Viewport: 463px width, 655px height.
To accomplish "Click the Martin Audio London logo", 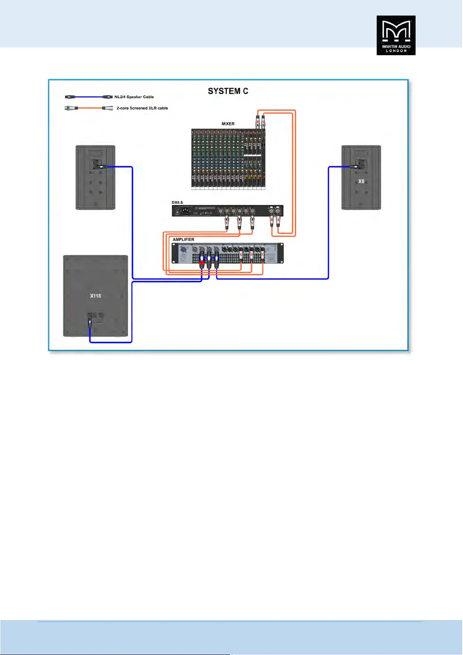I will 396,35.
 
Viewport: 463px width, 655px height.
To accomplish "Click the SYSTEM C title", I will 228,91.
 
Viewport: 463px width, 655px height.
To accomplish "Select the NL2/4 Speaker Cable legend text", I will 134,97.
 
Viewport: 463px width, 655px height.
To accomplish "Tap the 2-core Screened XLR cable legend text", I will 142,108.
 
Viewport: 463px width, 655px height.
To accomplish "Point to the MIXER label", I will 228,124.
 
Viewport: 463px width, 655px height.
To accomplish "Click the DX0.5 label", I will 177,203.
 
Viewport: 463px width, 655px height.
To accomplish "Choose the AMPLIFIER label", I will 183,239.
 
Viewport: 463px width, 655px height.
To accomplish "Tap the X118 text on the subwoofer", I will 96,296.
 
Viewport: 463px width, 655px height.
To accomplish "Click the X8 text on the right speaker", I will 361,182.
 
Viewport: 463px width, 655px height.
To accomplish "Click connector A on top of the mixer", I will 263,121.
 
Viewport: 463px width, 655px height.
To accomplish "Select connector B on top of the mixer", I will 258,121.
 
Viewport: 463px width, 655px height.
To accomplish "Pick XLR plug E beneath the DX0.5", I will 227,223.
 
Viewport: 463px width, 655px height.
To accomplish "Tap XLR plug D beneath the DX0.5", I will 239,223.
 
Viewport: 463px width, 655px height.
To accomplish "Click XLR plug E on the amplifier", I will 241,255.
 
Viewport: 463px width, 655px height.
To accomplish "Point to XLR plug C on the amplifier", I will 263,255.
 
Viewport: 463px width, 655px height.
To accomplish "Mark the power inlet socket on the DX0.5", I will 185,211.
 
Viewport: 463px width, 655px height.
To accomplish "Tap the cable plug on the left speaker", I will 102,167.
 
